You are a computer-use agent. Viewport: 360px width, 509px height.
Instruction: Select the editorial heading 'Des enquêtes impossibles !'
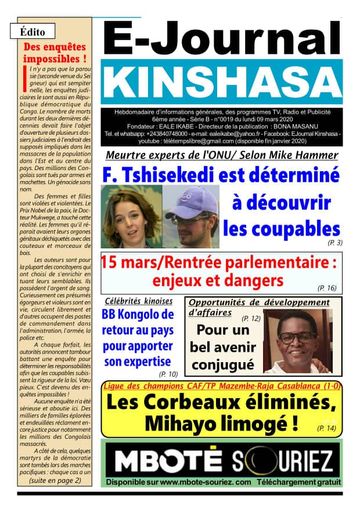click(x=55, y=53)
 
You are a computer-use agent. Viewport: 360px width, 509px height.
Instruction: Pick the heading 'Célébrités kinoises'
click(x=138, y=301)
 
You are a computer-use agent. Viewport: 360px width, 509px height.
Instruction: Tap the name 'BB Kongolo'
click(x=138, y=316)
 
